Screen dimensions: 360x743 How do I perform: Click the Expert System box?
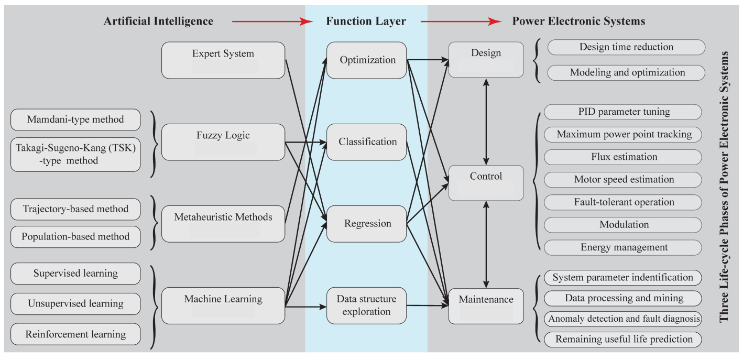[x=223, y=60]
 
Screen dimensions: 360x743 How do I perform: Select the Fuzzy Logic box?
[x=223, y=142]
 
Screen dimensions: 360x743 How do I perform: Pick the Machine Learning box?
[x=223, y=306]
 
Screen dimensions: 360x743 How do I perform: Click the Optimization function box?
[x=367, y=60]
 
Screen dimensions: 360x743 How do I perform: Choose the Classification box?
[x=367, y=142]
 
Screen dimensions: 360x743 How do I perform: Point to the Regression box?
[x=367, y=224]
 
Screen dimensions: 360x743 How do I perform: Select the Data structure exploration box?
[x=367, y=306]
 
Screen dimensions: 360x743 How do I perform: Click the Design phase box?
[x=486, y=60]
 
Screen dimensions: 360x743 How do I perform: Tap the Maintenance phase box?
[x=486, y=306]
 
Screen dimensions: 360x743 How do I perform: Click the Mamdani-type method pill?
[x=75, y=119]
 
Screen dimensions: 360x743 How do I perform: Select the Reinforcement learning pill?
[x=75, y=334]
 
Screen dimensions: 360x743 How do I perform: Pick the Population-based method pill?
[x=75, y=237]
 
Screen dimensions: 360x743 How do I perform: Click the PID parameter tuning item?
[x=623, y=112]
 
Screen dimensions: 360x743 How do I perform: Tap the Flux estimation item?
[x=623, y=157]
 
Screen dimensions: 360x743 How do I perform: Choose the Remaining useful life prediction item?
[x=623, y=339]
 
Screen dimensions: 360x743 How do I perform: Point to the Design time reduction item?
[x=626, y=47]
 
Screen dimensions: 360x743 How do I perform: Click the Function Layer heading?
[x=366, y=21]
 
